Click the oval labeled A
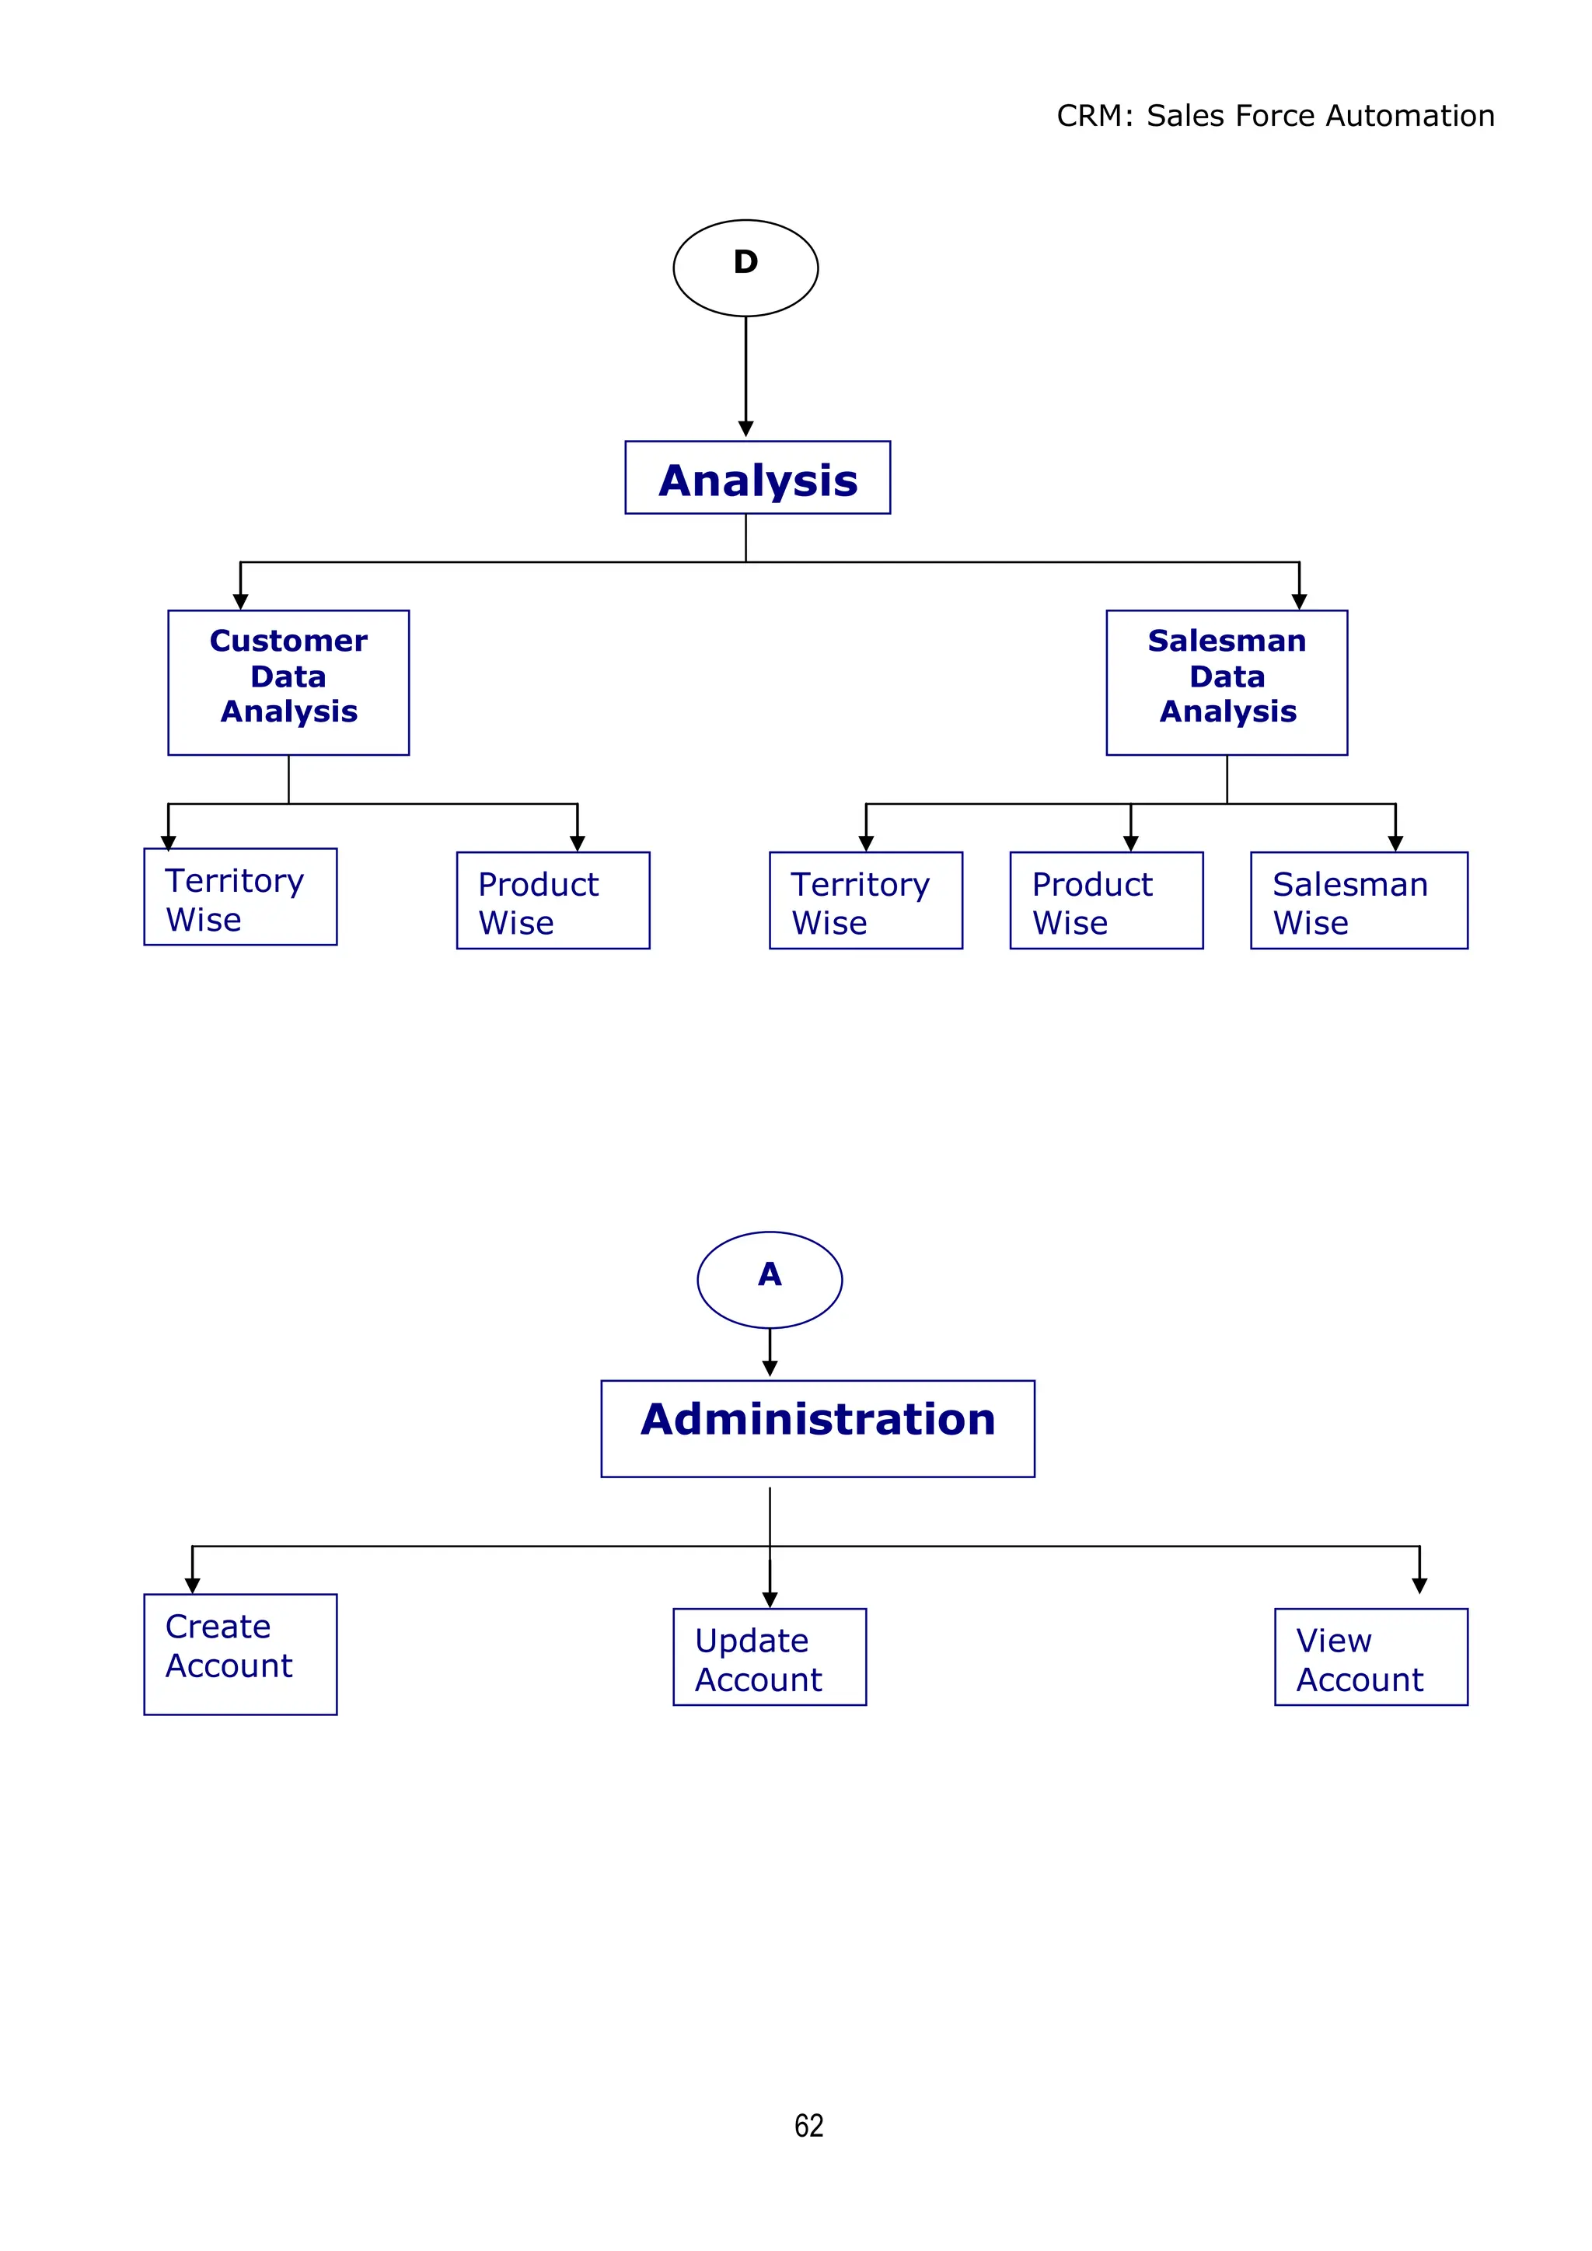(770, 1279)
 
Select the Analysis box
(757, 477)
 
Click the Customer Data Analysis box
(288, 683)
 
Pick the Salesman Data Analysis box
(1227, 683)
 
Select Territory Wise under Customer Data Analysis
(240, 897)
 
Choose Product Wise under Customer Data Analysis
(553, 900)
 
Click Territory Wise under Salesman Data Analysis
(866, 900)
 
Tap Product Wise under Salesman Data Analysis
(1106, 900)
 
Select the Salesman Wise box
(1359, 900)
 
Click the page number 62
(808, 2126)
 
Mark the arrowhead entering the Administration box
(770, 1368)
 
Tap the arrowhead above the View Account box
(1419, 1585)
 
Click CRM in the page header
(1088, 116)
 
